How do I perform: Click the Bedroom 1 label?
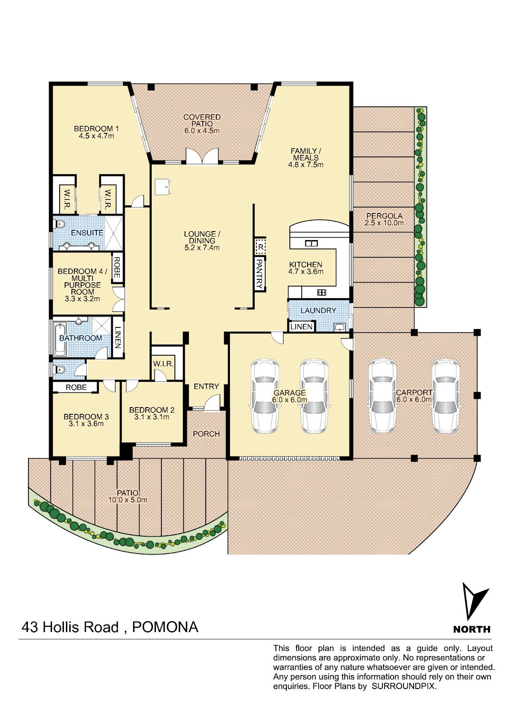96,129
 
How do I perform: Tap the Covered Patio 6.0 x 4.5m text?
202,124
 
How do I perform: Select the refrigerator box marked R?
261,247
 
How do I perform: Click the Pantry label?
259,274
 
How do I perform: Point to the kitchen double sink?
311,243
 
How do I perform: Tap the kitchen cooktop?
322,292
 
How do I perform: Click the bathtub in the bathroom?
60,340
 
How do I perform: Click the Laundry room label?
318,311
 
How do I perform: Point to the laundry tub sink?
339,327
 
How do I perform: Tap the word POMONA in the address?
165,627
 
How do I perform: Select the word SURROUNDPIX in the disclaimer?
403,686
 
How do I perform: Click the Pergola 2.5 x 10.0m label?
384,219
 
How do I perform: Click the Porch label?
206,434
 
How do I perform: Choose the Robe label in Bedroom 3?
76,387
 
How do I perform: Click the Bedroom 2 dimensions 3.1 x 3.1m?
152,417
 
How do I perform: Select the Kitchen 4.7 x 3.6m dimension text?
305,271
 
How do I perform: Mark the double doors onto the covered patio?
202,156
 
